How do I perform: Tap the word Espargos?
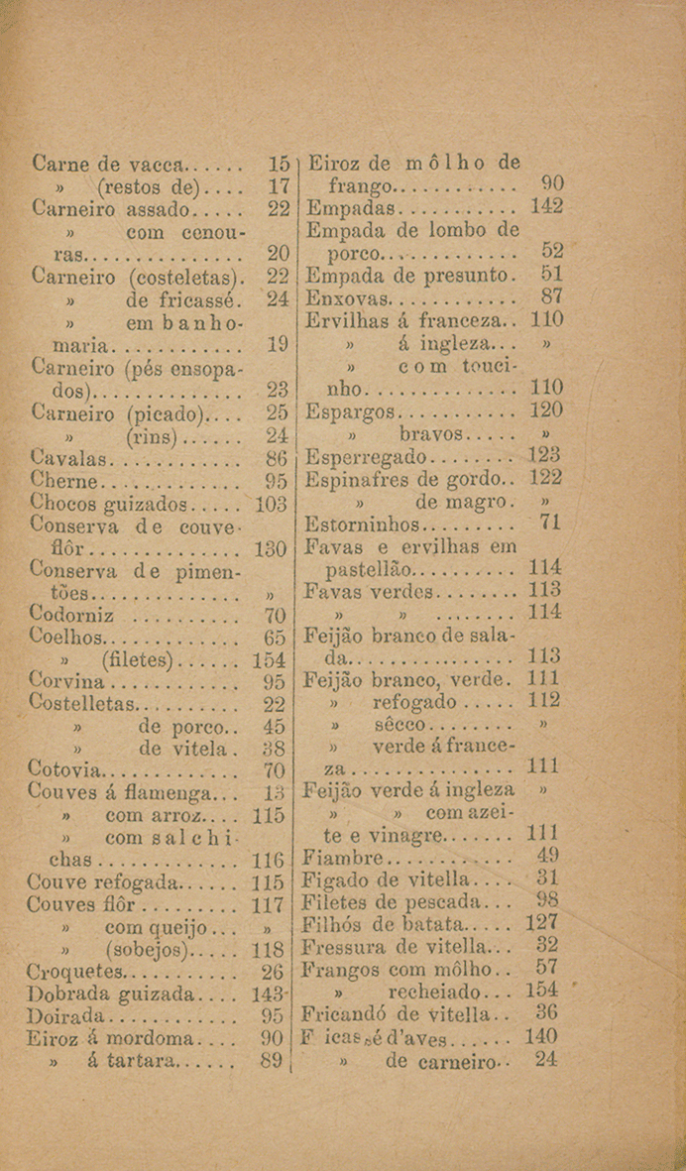pos(353,410)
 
